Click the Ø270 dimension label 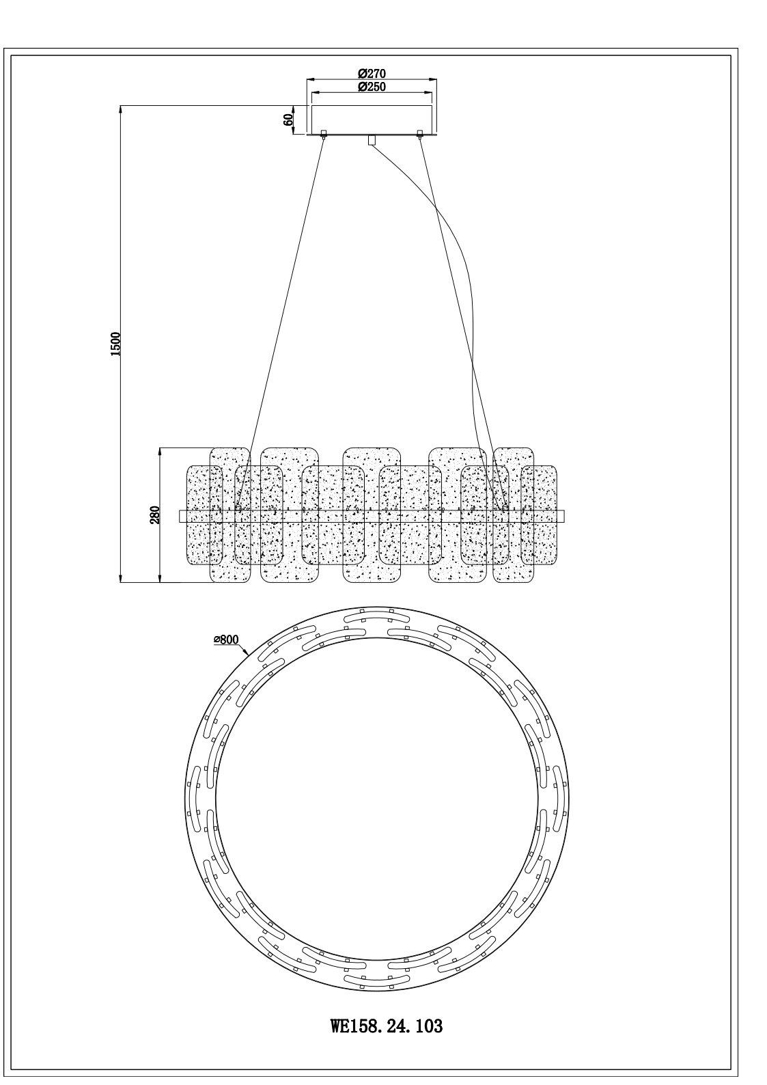click(x=372, y=74)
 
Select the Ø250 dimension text click(x=372, y=87)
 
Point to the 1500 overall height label click(x=115, y=344)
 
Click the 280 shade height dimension click(x=154, y=515)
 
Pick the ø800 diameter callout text click(x=226, y=640)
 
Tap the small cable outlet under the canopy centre click(x=372, y=140)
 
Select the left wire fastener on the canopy click(x=324, y=134)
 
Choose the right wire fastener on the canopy click(x=420, y=134)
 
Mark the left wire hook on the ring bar click(x=238, y=508)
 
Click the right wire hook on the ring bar click(x=505, y=508)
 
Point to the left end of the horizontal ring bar click(x=179, y=516)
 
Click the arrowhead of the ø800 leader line click(x=249, y=655)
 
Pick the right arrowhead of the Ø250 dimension click(x=432, y=92)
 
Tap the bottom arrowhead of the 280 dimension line click(x=161, y=581)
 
